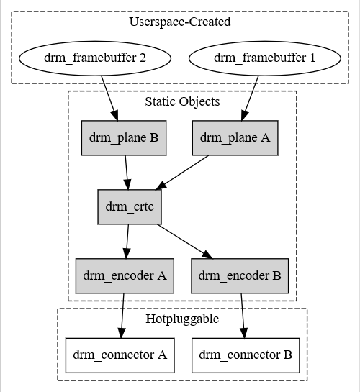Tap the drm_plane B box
point(124,137)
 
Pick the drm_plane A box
point(235,137)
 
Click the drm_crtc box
point(130,206)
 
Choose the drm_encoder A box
point(125,275)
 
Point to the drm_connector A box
point(121,355)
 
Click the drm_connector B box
point(246,355)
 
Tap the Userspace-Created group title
point(180,22)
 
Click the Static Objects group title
point(182,101)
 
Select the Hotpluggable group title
point(182,319)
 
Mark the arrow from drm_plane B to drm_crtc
point(127,171)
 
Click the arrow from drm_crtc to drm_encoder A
point(127,241)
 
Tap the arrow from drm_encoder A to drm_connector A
point(123,314)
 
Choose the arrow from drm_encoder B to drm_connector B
point(243,314)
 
